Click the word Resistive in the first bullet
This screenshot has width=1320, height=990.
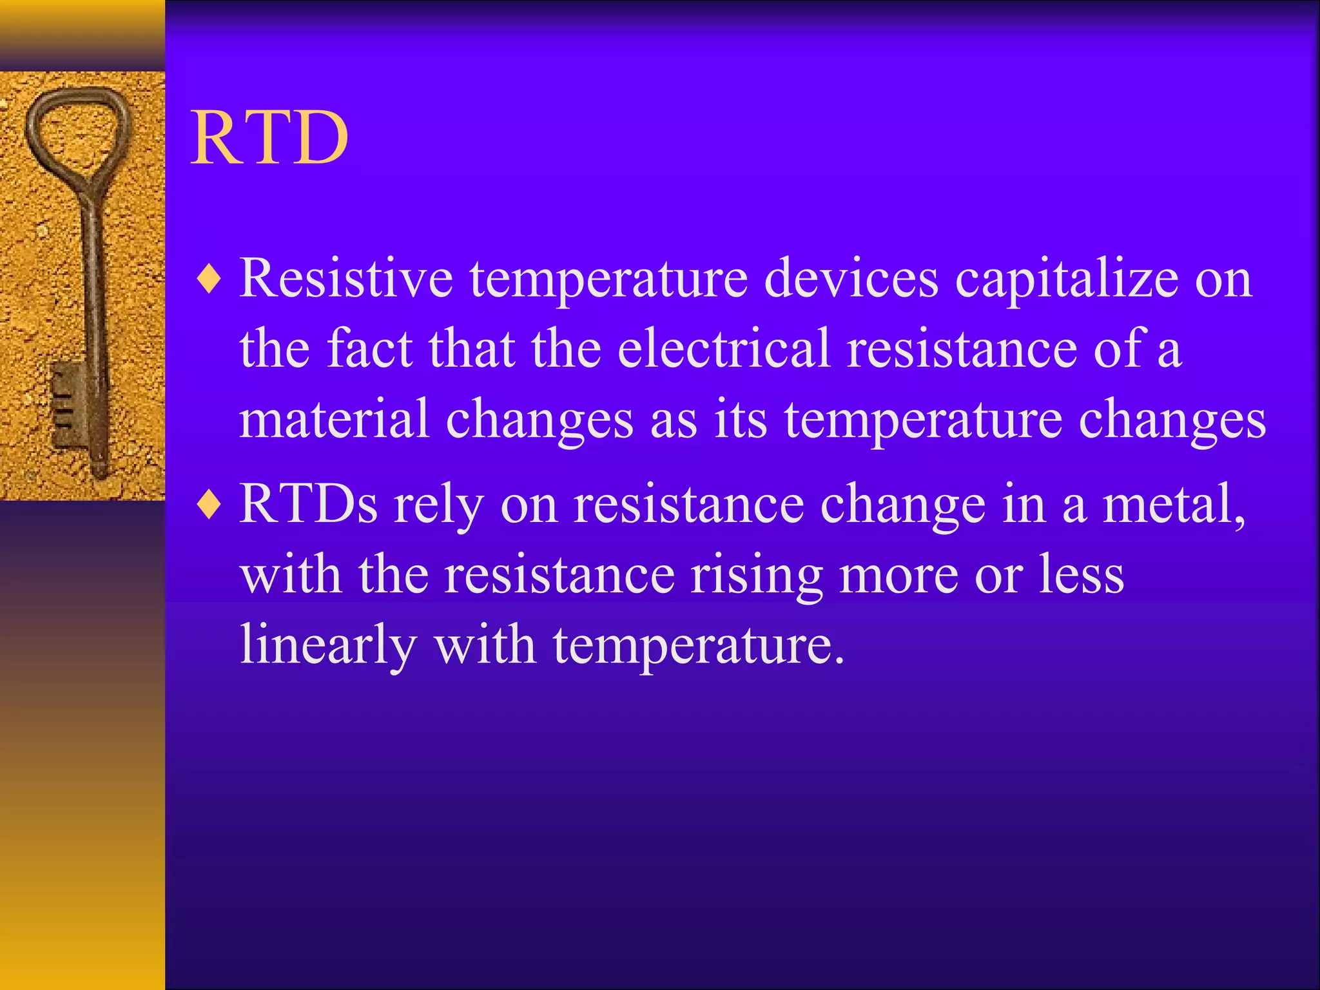346,278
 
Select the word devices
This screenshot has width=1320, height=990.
851,278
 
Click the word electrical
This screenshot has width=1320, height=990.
723,349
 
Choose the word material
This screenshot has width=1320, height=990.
334,419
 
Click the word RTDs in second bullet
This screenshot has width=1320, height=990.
308,504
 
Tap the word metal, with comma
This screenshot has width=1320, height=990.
1174,504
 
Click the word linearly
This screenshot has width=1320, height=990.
327,646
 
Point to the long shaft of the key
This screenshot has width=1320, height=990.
92,277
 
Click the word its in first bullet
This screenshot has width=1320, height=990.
741,419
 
